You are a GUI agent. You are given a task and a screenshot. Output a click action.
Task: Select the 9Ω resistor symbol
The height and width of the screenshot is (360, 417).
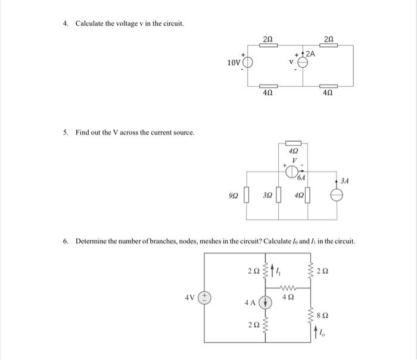tap(245, 195)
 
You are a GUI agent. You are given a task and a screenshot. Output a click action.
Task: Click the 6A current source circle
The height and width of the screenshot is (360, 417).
tap(293, 172)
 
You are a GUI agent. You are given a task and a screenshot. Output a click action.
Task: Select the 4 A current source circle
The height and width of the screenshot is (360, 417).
tap(266, 302)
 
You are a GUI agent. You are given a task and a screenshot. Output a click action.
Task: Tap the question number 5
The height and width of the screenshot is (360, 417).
tap(66, 132)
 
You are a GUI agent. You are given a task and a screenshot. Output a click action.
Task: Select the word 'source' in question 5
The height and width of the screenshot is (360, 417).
tap(183, 132)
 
